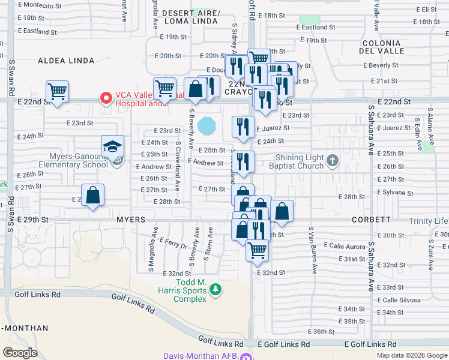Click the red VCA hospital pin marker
106,98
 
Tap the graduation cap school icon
112,146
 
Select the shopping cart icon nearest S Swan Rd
57,92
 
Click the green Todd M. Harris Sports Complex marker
215,291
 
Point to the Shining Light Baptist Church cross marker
333,161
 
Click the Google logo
20,353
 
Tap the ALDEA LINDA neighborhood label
66,61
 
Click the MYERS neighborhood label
131,220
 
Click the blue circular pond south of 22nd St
207,126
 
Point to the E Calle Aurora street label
345,245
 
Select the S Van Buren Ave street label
312,249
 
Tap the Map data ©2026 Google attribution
412,355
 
